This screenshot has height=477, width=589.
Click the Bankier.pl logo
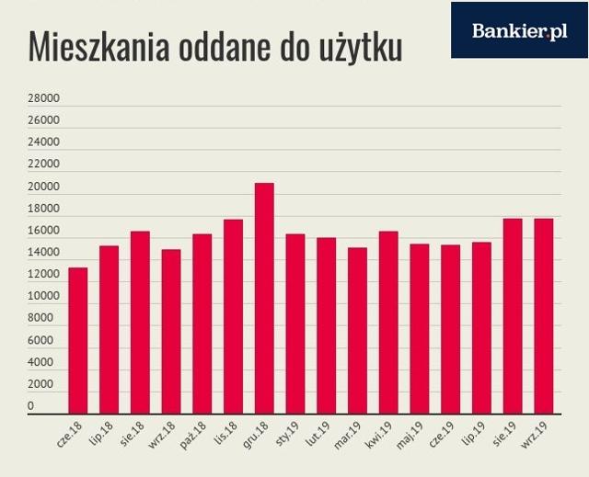tap(519, 30)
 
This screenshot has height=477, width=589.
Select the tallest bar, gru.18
tap(264, 299)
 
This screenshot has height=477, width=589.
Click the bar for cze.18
tap(78, 341)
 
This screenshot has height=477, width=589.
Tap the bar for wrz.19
tap(544, 316)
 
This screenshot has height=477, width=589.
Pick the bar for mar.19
tap(358, 331)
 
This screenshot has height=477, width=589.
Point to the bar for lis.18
tap(233, 317)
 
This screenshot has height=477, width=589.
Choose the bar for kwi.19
tap(388, 323)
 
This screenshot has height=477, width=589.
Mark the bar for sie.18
tap(140, 323)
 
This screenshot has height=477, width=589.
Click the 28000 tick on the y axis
tap(43, 97)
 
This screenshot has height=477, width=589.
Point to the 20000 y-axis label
tap(43, 187)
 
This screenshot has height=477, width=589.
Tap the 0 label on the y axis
tap(30, 405)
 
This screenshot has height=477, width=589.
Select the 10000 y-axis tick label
tap(43, 296)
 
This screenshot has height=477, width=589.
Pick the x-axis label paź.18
tap(193, 435)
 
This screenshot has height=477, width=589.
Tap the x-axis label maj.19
tap(410, 435)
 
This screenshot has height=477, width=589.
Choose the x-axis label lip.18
tap(101, 433)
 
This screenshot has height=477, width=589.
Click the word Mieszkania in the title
tap(98, 47)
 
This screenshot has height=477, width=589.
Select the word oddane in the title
tap(225, 47)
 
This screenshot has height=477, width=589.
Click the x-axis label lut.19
tap(318, 433)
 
